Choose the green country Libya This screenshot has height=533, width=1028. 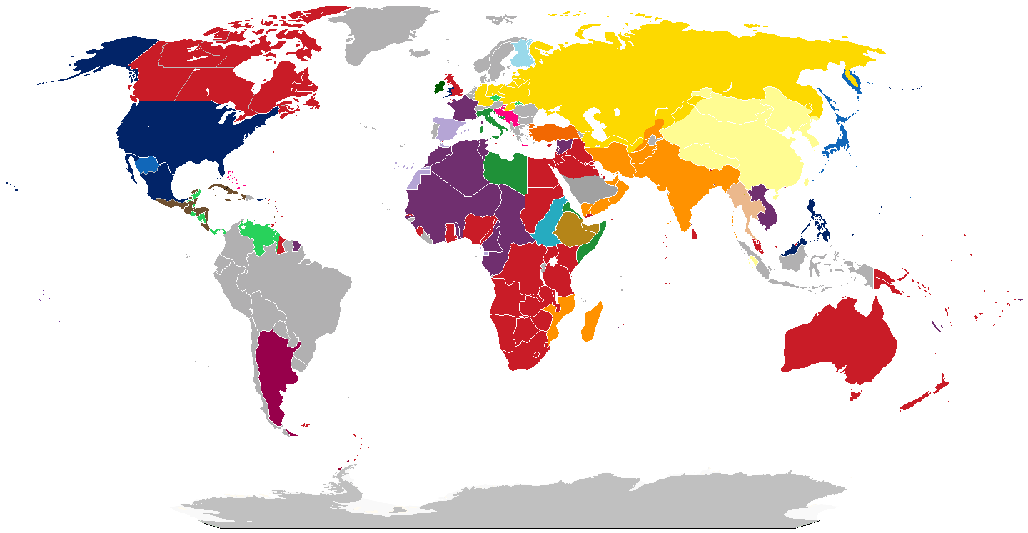pos(507,172)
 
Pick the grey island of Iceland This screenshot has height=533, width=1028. pos(419,53)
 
